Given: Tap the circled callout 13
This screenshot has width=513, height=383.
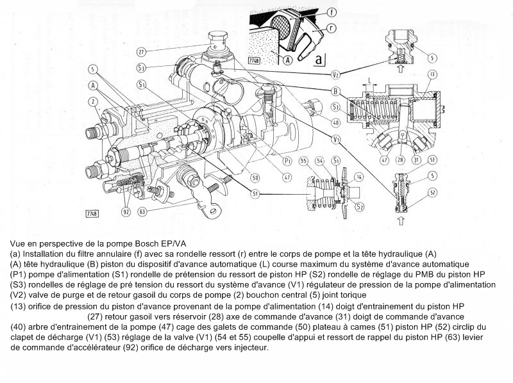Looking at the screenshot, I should point(432,74).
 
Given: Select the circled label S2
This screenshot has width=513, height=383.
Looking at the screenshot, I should point(360,206).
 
